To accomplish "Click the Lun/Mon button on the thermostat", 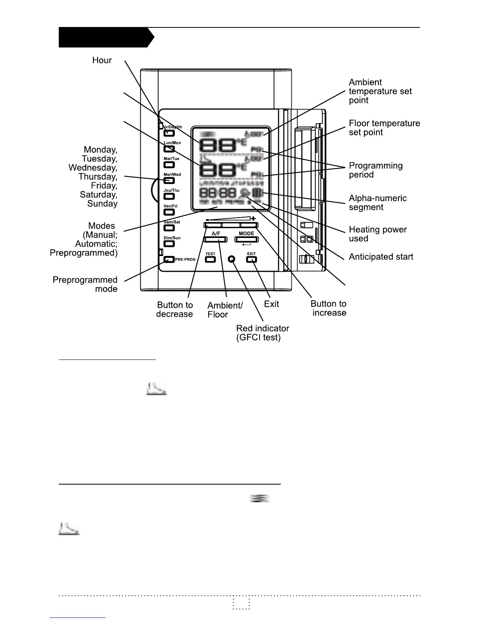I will point(169,149).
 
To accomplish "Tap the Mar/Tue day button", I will point(169,165).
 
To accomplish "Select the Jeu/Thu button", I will point(169,196).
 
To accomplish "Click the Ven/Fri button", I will point(169,212).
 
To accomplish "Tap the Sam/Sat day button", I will point(169,228).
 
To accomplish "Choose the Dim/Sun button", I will point(169,243).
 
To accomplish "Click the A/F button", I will point(215,239).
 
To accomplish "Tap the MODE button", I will point(246,239).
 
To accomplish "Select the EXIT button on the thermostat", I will point(251,259).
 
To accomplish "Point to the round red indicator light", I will point(231,259).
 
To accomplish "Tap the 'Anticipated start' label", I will point(381,257).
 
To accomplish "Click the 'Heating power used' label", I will point(378,234).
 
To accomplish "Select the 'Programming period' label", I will point(376,170).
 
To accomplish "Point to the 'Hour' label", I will point(102,60).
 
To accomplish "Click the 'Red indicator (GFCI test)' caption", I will point(262,333).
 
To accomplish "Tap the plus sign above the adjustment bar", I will point(253,218).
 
